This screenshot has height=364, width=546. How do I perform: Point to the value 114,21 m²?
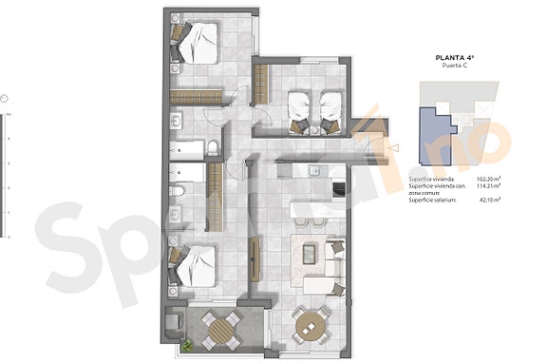(x=489, y=186)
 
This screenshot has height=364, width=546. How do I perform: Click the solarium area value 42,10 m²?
(x=490, y=201)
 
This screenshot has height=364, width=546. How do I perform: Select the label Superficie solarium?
(x=433, y=201)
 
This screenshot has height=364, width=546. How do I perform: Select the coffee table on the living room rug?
(x=309, y=254)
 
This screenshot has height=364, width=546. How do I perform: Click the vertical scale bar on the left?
(x=6, y=177)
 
